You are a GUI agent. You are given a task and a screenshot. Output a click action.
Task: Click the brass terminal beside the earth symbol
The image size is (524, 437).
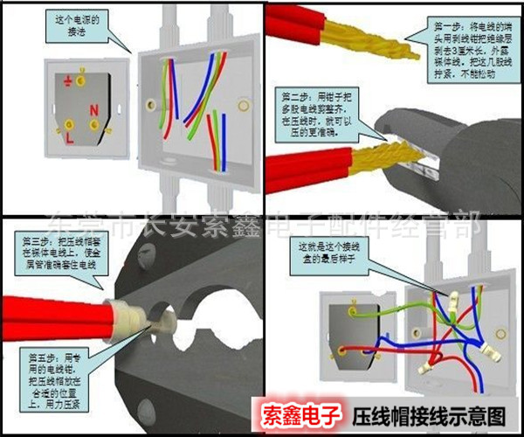click(82, 81)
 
